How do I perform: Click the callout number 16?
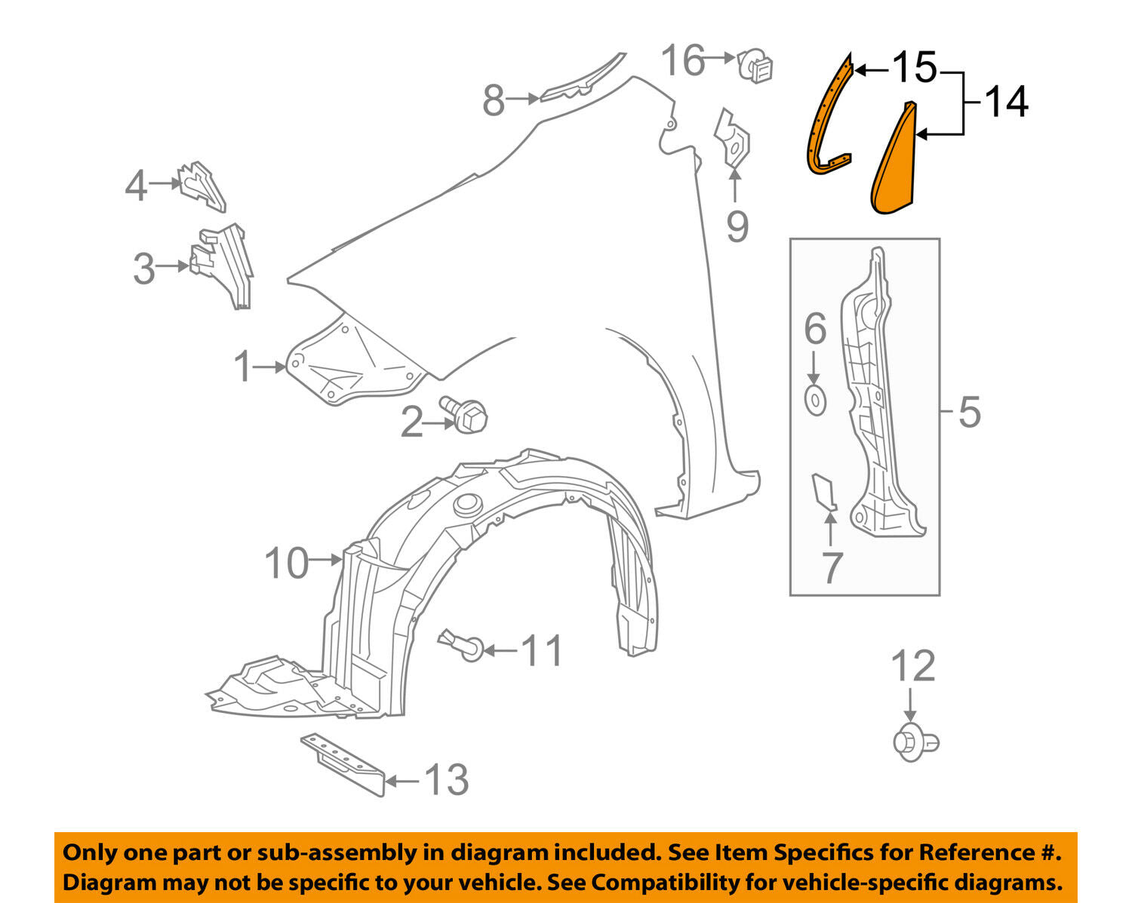[x=683, y=60]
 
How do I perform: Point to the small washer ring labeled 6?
[x=815, y=400]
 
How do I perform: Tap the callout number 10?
[x=287, y=563]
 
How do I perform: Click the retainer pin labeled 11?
[x=461, y=645]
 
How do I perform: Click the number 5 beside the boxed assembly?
[x=970, y=413]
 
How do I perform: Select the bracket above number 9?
[x=733, y=140]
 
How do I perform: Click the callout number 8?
[x=494, y=100]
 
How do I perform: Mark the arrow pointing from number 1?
[x=269, y=367]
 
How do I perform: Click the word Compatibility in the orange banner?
[x=654, y=882]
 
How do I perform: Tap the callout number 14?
[x=1006, y=102]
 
